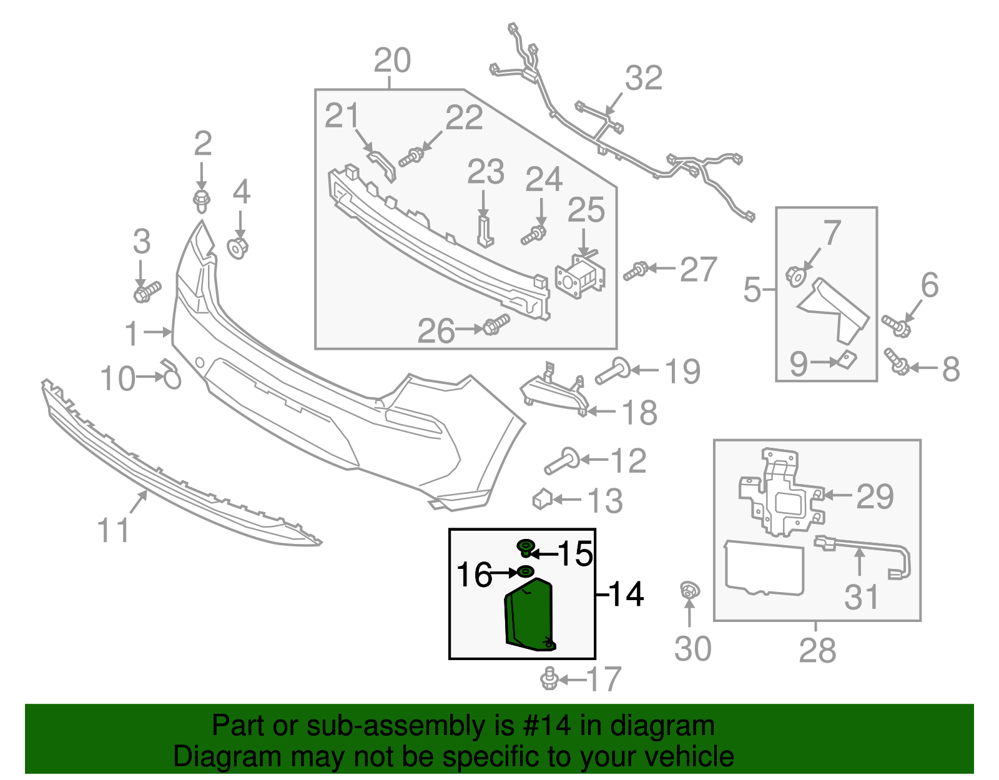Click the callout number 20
[x=392, y=61]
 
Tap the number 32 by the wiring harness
[x=643, y=79]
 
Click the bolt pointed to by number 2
[x=201, y=201]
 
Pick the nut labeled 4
[x=239, y=248]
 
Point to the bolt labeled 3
[x=147, y=292]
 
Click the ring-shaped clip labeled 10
[x=172, y=377]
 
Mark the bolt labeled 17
[x=549, y=678]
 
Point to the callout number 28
[x=817, y=651]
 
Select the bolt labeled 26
[x=496, y=325]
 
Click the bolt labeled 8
[x=897, y=363]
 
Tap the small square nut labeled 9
[x=847, y=359]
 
